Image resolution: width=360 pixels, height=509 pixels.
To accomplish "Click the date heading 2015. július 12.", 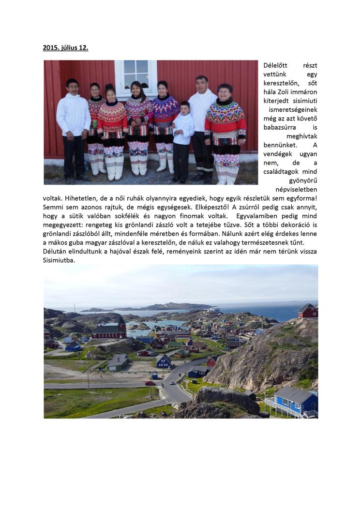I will [x=65, y=48].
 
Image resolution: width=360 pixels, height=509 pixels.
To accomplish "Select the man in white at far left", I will [x=73, y=128].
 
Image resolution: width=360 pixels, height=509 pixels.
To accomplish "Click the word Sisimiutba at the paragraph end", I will [x=59, y=260].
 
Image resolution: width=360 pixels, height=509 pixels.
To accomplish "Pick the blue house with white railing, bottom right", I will [x=296, y=401].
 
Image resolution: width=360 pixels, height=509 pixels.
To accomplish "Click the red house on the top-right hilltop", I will [x=308, y=311].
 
